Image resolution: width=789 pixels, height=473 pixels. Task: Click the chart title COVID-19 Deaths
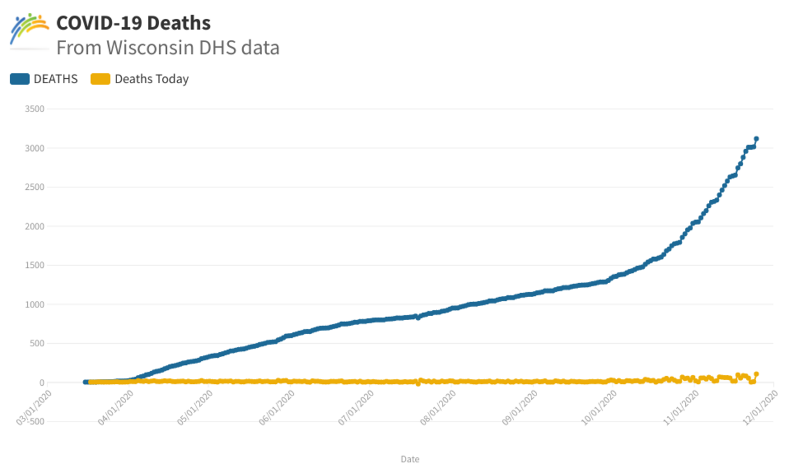[x=134, y=23]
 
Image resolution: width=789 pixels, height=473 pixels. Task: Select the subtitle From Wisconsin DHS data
[x=168, y=47]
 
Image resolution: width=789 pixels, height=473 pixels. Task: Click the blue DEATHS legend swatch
[x=19, y=79]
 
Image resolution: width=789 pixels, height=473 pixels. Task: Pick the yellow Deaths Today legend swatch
[x=100, y=79]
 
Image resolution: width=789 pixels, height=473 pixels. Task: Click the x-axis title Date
[x=410, y=459]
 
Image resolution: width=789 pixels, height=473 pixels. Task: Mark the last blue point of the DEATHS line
[x=756, y=139]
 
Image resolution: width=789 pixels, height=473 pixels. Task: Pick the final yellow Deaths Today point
[x=756, y=374]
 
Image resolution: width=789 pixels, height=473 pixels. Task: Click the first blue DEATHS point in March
[x=85, y=382]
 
